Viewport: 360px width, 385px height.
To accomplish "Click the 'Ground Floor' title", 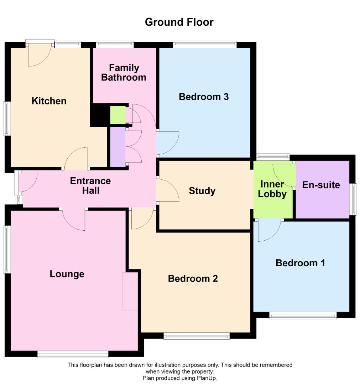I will coord(179,22).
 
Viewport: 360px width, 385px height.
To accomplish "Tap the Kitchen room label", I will coord(49,101).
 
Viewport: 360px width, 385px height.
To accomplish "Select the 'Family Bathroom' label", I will coord(124,72).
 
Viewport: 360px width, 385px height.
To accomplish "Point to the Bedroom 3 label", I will coord(204,97).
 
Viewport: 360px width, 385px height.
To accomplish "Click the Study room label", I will coord(202,191).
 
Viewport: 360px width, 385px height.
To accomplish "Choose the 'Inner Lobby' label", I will coord(272,189).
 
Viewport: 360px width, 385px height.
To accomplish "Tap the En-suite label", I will coord(321,185).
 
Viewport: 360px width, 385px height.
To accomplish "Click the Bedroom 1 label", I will coord(300,263).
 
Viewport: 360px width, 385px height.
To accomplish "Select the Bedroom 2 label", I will coord(193,278).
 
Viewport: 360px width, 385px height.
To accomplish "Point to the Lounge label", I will coord(67,274).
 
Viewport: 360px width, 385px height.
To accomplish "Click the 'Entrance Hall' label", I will coord(90,186).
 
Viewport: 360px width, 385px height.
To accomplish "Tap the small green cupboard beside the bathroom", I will coord(118,115).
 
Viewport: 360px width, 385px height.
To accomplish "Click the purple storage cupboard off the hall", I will coord(118,147).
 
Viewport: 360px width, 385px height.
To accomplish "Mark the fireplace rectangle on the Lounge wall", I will coord(130,291).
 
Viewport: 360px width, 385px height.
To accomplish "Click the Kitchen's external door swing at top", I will coord(39,55).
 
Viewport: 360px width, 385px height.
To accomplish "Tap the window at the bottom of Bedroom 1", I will coord(303,315).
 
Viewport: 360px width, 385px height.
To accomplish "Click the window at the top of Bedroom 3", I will coord(205,44).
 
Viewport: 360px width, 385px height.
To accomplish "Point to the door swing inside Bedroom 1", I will coord(269,230).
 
